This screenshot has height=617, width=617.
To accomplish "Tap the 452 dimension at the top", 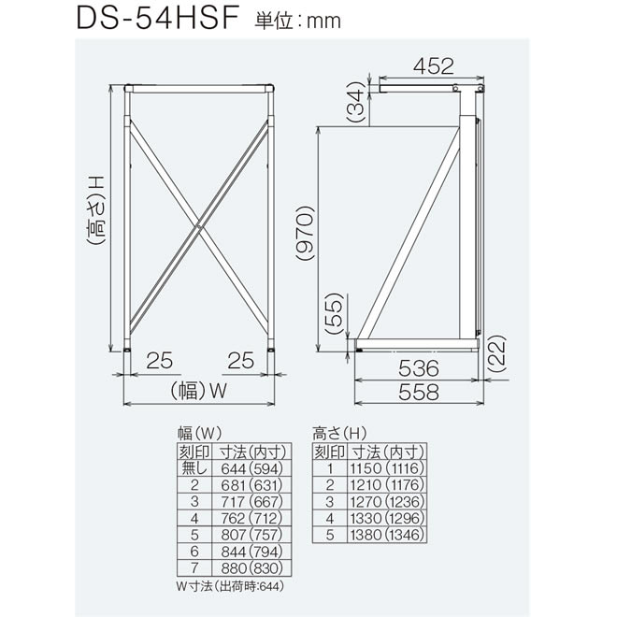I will (x=430, y=67).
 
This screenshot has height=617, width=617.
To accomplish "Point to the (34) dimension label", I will (x=356, y=103).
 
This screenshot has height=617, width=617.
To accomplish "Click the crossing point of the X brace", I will (x=200, y=225).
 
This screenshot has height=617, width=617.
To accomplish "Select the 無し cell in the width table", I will (x=194, y=468).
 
